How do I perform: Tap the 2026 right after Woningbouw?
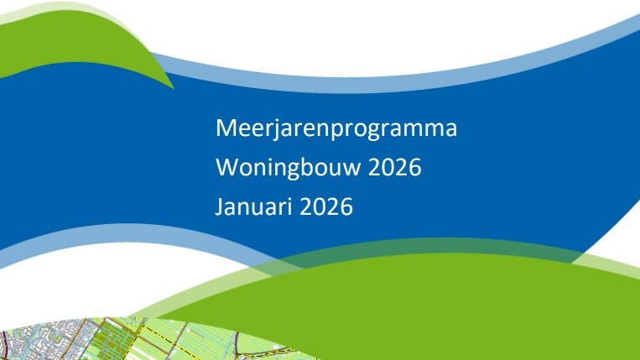(393, 168)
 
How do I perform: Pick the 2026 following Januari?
(324, 206)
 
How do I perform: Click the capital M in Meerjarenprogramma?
(225, 129)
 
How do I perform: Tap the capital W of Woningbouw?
(226, 168)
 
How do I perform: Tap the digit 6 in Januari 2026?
(346, 206)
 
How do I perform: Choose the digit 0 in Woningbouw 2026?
(387, 168)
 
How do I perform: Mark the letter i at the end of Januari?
(283, 206)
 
